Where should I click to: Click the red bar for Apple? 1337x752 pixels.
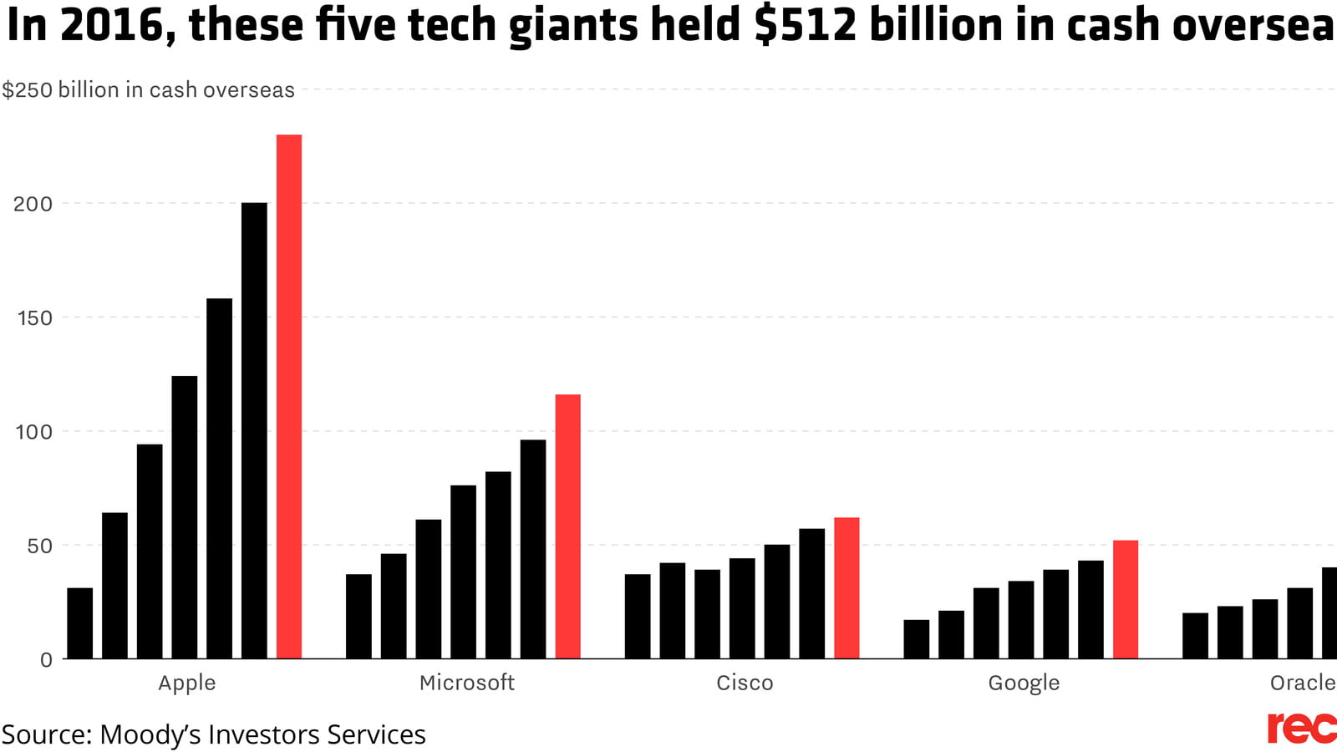click(289, 397)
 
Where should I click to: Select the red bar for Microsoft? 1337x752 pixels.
click(568, 526)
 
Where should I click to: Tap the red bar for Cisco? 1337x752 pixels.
click(846, 588)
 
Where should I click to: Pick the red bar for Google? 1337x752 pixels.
click(1126, 600)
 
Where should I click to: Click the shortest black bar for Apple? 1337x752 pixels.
click(80, 623)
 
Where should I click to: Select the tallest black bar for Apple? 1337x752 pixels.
click(254, 430)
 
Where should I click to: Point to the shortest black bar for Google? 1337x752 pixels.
click(917, 639)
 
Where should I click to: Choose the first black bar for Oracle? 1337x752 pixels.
click(1195, 636)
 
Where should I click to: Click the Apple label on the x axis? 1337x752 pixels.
click(187, 683)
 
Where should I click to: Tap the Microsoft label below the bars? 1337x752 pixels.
click(466, 683)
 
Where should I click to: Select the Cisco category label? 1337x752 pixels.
click(745, 683)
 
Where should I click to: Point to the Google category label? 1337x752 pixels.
click(1024, 683)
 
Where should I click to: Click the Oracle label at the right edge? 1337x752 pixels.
click(1302, 683)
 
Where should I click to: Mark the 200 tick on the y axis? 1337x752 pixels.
click(33, 204)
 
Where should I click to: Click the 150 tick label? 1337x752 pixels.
click(34, 318)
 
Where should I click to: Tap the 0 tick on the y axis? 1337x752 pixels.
click(46, 660)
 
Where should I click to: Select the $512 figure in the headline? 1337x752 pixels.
click(806, 25)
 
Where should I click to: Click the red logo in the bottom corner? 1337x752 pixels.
click(1300, 728)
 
